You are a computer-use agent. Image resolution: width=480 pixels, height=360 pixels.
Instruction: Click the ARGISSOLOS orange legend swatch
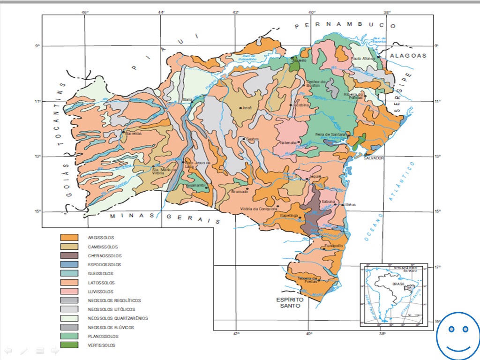69,238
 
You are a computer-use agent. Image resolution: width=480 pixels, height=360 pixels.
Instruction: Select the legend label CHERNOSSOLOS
105,256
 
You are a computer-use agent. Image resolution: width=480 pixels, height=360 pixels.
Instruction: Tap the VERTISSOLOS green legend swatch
69,345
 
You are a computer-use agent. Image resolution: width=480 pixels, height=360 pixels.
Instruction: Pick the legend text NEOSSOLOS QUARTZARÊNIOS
118,318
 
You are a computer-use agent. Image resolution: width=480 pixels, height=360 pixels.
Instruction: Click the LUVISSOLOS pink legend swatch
69,292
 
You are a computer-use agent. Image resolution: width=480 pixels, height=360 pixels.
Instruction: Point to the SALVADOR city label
374,158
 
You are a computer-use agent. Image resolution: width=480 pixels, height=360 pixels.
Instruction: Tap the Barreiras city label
133,133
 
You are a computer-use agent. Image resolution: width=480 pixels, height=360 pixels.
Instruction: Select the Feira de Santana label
330,135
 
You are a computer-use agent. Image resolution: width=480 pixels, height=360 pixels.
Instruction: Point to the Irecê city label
247,108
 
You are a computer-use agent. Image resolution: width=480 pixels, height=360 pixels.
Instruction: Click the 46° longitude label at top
84,12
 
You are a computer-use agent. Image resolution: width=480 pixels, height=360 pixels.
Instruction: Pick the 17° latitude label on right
437,267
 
